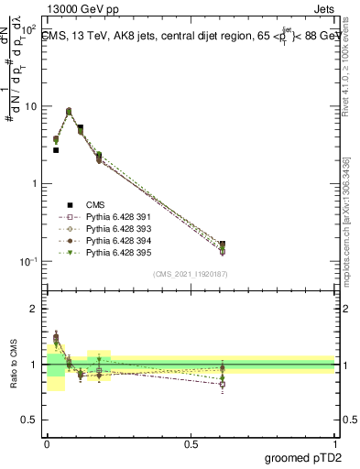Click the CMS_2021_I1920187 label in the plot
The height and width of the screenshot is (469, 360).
[x=190, y=274]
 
